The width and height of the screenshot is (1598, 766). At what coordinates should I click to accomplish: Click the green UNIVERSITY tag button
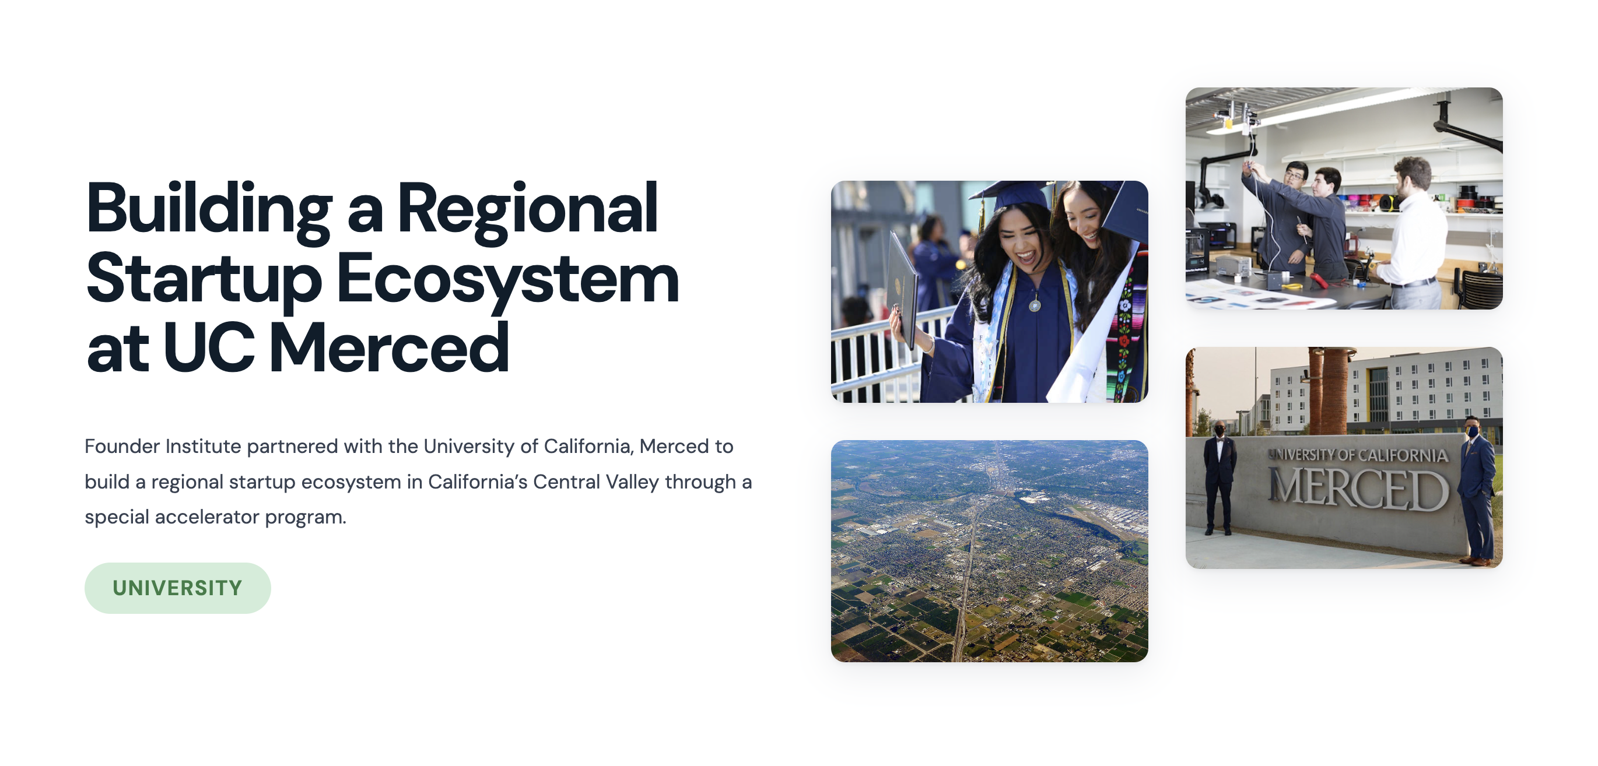click(177, 588)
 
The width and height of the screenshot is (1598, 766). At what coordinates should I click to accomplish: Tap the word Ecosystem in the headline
click(507, 279)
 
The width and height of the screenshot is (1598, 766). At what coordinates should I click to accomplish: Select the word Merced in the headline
click(389, 348)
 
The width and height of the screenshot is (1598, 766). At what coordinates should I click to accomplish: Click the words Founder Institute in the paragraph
click(163, 446)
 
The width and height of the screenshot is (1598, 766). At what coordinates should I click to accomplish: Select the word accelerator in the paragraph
click(207, 516)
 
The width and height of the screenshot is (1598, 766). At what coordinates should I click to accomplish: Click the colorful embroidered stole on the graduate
click(1124, 335)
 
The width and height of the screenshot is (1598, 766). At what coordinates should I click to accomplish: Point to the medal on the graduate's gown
click(1035, 304)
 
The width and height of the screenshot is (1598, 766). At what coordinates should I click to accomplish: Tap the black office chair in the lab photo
click(1483, 289)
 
